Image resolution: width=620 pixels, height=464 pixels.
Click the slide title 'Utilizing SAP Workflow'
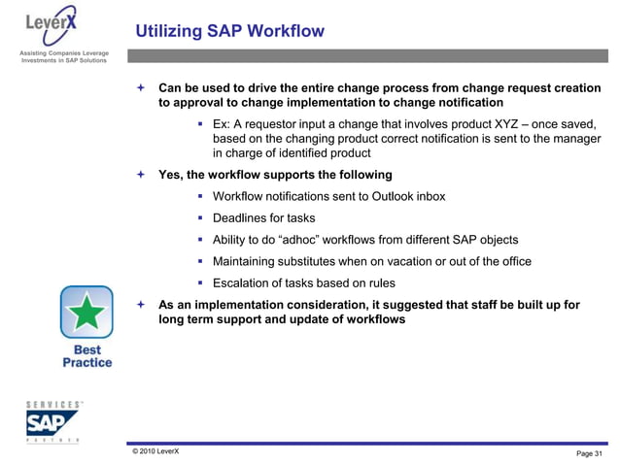(x=229, y=32)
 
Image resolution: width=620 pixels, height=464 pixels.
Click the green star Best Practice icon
(x=86, y=313)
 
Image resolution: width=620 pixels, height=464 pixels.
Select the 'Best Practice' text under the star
(x=86, y=355)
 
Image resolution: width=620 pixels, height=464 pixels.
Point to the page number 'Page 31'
(x=590, y=453)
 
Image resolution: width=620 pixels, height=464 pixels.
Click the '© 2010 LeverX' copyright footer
(x=149, y=451)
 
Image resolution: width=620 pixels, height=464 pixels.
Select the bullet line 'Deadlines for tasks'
(x=263, y=217)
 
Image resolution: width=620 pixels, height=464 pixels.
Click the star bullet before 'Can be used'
(x=141, y=88)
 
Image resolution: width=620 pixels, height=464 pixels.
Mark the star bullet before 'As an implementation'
(x=141, y=305)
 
